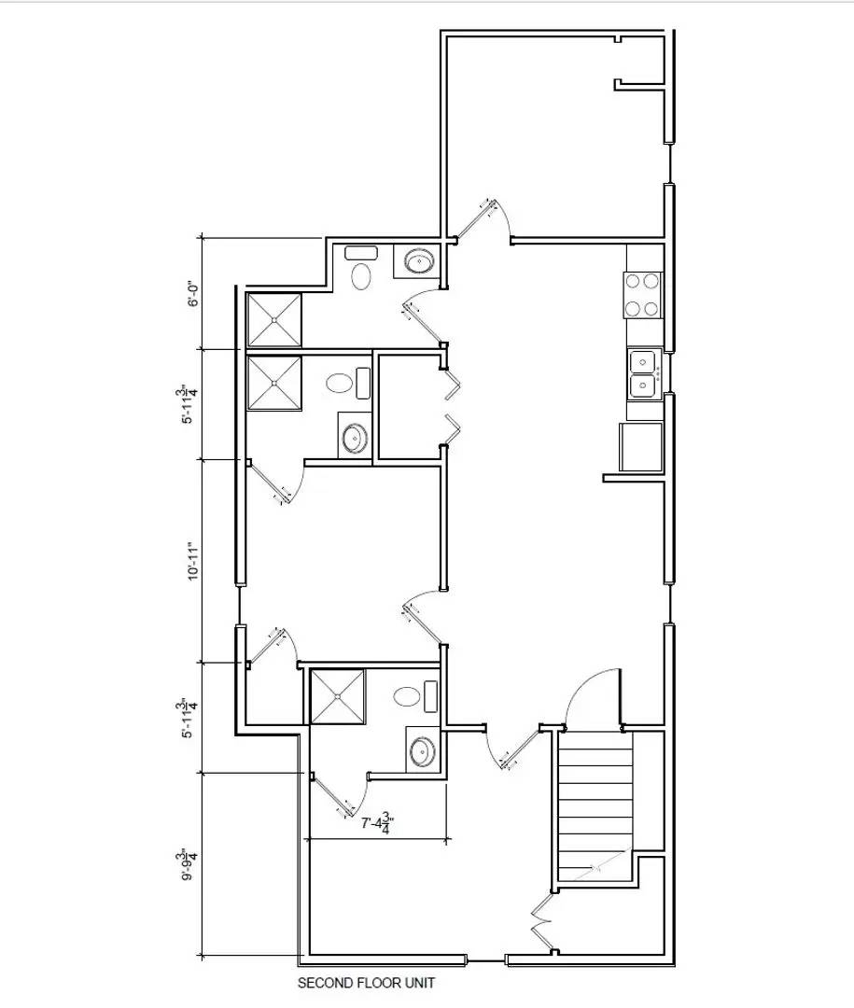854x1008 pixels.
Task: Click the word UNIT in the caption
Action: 420,983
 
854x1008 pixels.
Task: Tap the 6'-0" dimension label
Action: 193,294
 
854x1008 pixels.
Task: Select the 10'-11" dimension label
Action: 193,561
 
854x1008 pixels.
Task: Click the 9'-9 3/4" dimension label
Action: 191,864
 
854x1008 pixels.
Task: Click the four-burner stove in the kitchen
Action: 643,294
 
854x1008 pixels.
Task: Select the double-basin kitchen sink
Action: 643,371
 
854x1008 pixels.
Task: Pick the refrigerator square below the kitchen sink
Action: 640,446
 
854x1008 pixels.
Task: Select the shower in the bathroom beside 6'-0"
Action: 274,320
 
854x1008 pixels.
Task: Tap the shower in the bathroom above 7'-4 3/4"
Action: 338,695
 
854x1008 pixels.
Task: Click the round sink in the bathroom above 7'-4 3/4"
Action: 422,750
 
